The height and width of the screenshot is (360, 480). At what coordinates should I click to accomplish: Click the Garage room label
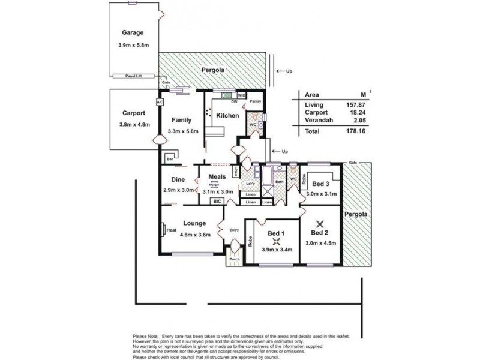click(x=133, y=32)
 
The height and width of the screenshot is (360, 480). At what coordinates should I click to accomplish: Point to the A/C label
click(x=160, y=103)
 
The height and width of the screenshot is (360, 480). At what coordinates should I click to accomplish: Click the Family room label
click(x=181, y=120)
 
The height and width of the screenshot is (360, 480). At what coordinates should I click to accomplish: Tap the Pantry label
click(x=255, y=102)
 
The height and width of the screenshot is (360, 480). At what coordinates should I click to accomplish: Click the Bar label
click(x=170, y=159)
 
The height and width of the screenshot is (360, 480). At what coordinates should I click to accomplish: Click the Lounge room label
click(x=194, y=223)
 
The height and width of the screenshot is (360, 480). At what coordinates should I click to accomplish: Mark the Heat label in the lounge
click(x=171, y=230)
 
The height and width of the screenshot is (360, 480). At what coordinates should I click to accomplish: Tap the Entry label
click(x=233, y=230)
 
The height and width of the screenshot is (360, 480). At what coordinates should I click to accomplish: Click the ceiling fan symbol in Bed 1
click(x=277, y=241)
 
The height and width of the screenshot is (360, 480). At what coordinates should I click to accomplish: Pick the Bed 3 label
click(x=320, y=184)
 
